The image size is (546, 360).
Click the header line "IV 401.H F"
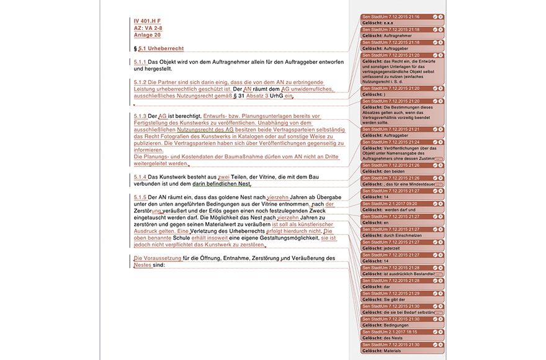click(147, 21)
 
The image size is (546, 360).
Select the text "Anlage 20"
click(148, 35)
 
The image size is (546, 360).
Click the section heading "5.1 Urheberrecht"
click(161, 48)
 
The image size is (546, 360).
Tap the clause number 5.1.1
click(140, 62)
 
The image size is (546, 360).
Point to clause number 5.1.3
click(140, 116)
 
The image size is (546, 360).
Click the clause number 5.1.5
click(140, 197)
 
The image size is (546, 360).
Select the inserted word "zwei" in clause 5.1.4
click(223, 178)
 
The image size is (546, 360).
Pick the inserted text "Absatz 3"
click(257, 96)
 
